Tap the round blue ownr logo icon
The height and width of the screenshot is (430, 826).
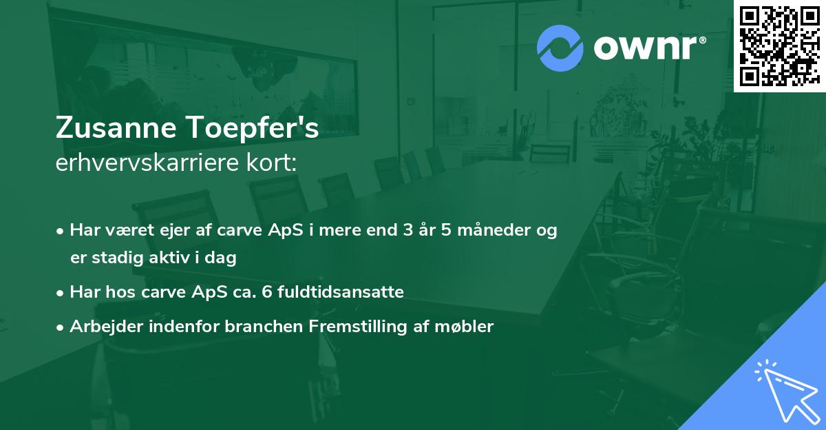[560, 48]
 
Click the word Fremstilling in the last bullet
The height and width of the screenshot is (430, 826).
[352, 327]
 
